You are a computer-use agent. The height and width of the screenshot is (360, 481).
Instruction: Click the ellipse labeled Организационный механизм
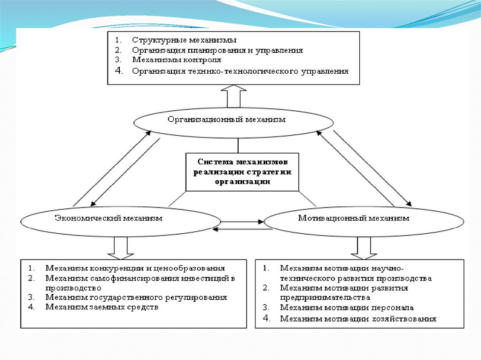pyautogui.click(x=234, y=120)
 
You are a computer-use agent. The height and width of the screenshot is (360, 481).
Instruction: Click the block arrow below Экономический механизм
pyautogui.click(x=121, y=248)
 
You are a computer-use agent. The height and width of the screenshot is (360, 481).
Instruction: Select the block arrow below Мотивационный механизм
pyautogui.click(x=364, y=248)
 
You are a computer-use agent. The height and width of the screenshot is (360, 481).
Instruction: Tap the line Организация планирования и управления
pyautogui.click(x=217, y=50)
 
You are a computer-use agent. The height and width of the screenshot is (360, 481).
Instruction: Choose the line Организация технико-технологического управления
pyautogui.click(x=240, y=71)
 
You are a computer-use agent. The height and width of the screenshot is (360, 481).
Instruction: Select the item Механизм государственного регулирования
pyautogui.click(x=136, y=298)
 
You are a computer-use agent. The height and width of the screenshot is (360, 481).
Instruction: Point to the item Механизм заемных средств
pyautogui.click(x=102, y=307)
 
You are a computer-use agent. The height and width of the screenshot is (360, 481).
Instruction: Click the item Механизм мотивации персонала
pyautogui.click(x=347, y=308)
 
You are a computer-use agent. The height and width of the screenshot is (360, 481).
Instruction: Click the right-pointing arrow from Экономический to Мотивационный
pyautogui.click(x=242, y=221)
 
